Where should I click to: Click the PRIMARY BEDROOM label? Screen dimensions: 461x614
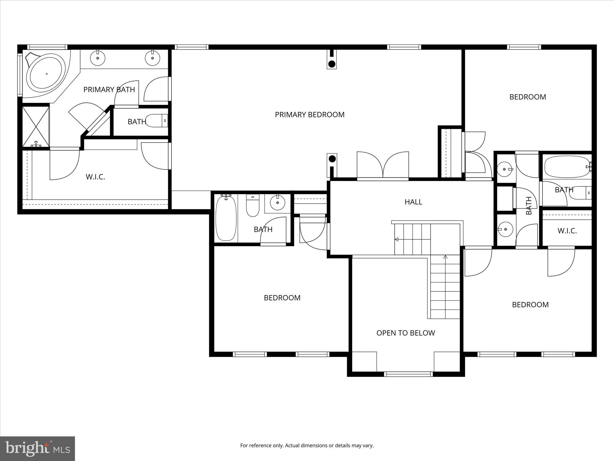309,115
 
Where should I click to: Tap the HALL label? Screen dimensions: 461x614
413,202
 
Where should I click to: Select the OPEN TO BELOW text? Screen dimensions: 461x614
405,333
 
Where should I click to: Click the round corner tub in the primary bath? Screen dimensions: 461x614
46,74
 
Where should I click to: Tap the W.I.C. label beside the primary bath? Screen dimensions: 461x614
95,177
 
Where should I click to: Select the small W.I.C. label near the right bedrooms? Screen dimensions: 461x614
567,231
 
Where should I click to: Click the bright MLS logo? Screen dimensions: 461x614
37,449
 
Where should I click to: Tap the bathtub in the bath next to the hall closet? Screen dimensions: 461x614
226,218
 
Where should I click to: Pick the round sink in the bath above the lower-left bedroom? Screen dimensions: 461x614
278,203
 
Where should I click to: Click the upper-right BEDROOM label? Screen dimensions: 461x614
528,97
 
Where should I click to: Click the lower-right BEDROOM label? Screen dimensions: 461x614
530,305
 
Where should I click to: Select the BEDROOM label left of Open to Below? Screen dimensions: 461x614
282,298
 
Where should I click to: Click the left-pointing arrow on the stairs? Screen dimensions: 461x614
397,239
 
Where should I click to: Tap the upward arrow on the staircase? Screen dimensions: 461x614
445,257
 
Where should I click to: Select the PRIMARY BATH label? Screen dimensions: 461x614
109,89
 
